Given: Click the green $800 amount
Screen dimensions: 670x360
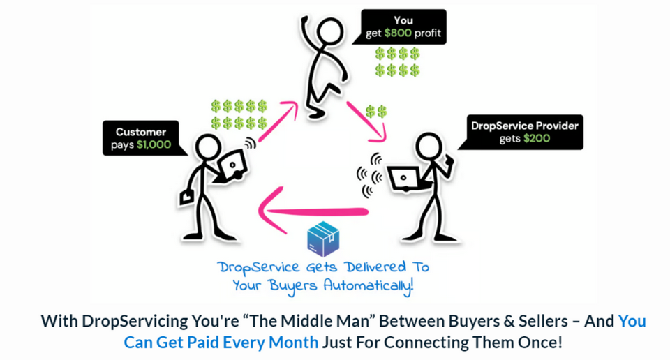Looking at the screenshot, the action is tap(398, 33).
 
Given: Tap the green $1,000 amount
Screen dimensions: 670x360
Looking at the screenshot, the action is tap(154, 145).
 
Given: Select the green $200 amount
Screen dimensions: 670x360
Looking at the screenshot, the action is tap(537, 138).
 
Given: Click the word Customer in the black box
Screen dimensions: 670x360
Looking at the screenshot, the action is tap(140, 132).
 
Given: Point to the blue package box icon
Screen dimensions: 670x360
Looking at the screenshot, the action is tap(323, 239).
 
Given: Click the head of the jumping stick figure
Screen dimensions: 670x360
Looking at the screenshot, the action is tap(329, 31).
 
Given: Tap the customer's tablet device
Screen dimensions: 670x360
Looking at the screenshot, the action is tap(232, 165).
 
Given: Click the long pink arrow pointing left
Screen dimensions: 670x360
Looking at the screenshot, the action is tap(313, 211).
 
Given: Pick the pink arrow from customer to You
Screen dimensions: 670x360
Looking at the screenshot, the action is tap(278, 121).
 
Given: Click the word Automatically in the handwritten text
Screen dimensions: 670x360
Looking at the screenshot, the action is tap(368, 285).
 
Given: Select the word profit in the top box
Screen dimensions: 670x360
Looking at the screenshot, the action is tap(428, 33).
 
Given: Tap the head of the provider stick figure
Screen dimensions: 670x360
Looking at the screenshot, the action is tap(429, 146).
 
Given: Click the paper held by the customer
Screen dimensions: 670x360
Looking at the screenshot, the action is tap(187, 197).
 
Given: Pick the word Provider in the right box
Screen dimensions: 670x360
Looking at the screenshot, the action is tap(557, 126).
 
